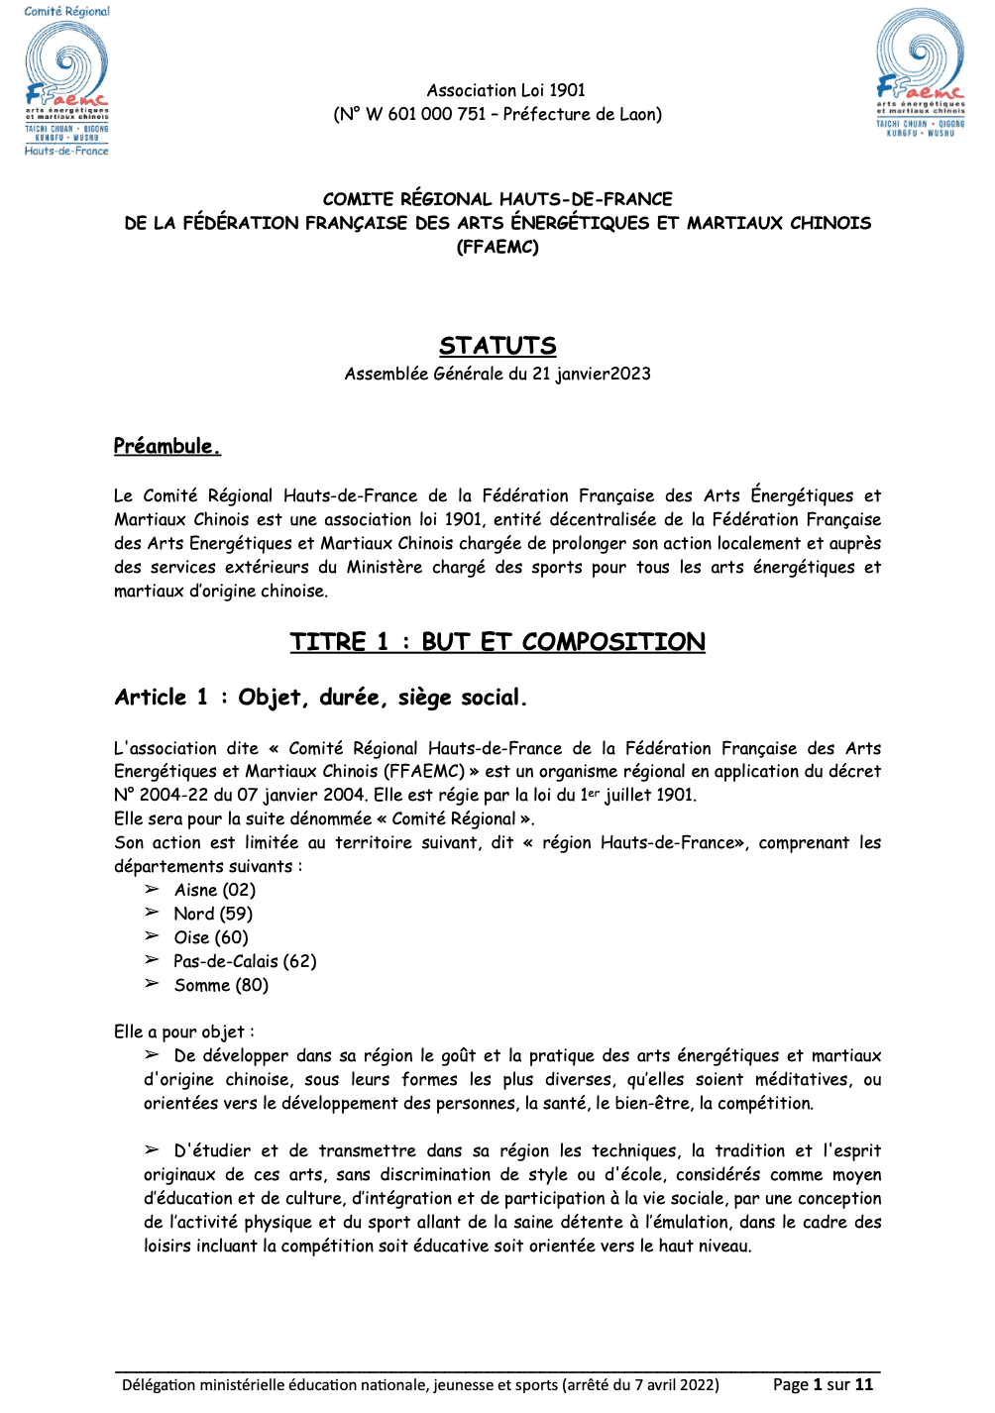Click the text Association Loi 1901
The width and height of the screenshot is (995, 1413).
pyautogui.click(x=506, y=90)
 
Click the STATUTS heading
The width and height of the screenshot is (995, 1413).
pyautogui.click(x=497, y=346)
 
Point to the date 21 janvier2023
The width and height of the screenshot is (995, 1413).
pyautogui.click(x=592, y=374)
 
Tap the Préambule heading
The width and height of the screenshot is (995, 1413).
pyautogui.click(x=166, y=446)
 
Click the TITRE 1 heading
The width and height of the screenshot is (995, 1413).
pyautogui.click(x=497, y=642)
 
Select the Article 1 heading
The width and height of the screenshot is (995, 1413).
pyautogui.click(x=320, y=698)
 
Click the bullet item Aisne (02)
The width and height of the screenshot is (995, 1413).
pyautogui.click(x=214, y=890)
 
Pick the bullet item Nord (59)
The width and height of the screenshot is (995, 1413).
pyautogui.click(x=213, y=914)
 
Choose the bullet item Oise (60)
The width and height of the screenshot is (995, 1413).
pyautogui.click(x=211, y=937)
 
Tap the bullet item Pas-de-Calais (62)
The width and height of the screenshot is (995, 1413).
pyautogui.click(x=245, y=961)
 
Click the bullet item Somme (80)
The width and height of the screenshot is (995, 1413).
pyautogui.click(x=221, y=985)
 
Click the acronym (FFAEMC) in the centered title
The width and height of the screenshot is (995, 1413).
pyautogui.click(x=497, y=247)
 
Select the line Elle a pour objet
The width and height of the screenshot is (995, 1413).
pyautogui.click(x=183, y=1032)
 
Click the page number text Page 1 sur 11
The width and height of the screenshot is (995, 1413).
pyautogui.click(x=823, y=1384)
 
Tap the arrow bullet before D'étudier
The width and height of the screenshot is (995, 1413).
pyautogui.click(x=152, y=1149)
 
